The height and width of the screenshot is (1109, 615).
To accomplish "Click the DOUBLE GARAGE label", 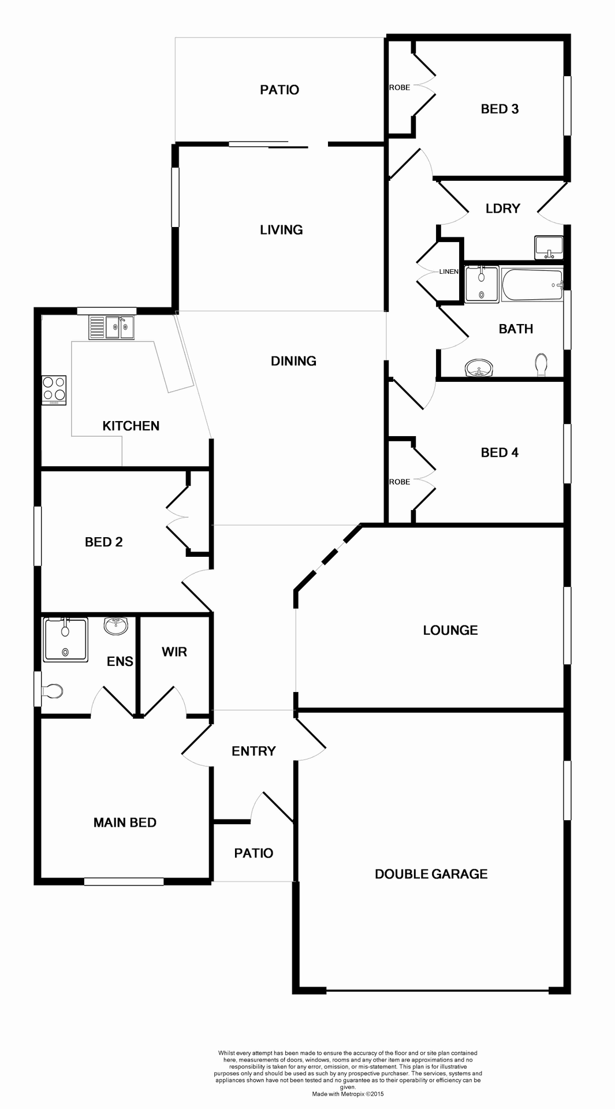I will click(431, 874).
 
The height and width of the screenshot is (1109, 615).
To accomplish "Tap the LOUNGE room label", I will click(450, 630).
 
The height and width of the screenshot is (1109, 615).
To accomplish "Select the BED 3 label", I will click(500, 109).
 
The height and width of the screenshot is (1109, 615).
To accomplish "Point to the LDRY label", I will click(502, 209).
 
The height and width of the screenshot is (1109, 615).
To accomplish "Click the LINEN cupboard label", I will click(449, 271).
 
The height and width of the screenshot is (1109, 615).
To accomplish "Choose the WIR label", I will click(174, 652).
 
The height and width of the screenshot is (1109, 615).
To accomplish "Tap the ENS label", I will click(120, 661).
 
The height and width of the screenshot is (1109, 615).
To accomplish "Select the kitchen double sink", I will click(111, 328).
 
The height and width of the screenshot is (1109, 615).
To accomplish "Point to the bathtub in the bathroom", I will click(532, 285).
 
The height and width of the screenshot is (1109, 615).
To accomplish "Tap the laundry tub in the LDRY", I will click(549, 248).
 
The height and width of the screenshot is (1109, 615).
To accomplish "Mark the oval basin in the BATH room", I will click(479, 368).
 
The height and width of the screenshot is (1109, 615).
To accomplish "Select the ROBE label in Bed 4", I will click(400, 482).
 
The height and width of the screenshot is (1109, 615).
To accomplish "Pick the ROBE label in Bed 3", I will click(400, 87).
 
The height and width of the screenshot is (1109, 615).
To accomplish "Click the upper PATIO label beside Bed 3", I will click(279, 90).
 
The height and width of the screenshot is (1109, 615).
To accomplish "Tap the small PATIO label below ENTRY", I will click(254, 853).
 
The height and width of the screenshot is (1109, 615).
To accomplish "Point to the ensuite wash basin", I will click(117, 626).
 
